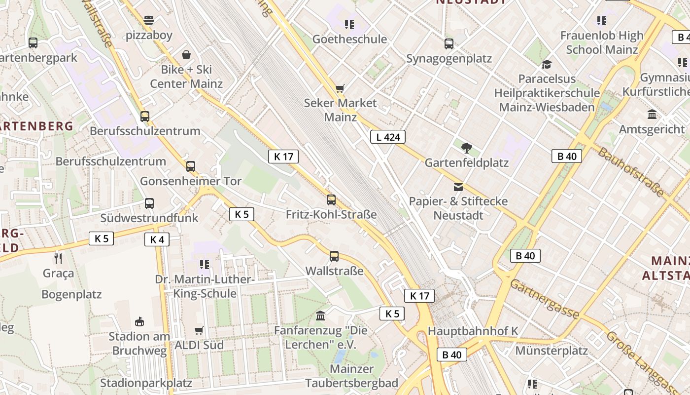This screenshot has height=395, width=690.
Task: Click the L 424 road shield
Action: tap(388, 137)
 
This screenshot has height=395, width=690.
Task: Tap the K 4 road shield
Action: tap(157, 240)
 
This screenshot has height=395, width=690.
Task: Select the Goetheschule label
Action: tap(349, 39)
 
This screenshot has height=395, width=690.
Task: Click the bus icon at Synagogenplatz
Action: tap(448, 44)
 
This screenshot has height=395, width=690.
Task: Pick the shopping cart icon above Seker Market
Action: tap(340, 89)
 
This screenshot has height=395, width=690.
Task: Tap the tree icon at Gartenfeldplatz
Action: tap(466, 148)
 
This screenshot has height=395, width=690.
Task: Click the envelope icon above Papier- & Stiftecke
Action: tap(458, 187)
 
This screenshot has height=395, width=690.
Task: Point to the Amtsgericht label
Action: tap(652, 129)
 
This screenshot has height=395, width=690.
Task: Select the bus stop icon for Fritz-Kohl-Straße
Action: tap(331, 200)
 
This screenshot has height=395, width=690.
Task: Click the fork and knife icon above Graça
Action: tap(58, 258)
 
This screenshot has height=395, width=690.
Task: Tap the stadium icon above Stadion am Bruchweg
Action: tap(139, 321)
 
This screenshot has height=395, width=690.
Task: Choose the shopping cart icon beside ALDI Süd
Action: tap(199, 330)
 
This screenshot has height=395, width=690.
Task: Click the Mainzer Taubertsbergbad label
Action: tap(351, 376)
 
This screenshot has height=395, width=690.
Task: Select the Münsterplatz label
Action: tap(552, 351)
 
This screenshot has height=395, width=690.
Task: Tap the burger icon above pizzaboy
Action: tap(149, 20)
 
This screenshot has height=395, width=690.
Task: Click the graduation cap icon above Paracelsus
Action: tap(547, 64)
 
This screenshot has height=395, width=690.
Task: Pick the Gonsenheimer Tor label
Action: tap(191, 181)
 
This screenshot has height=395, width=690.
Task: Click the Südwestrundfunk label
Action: tap(149, 218)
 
